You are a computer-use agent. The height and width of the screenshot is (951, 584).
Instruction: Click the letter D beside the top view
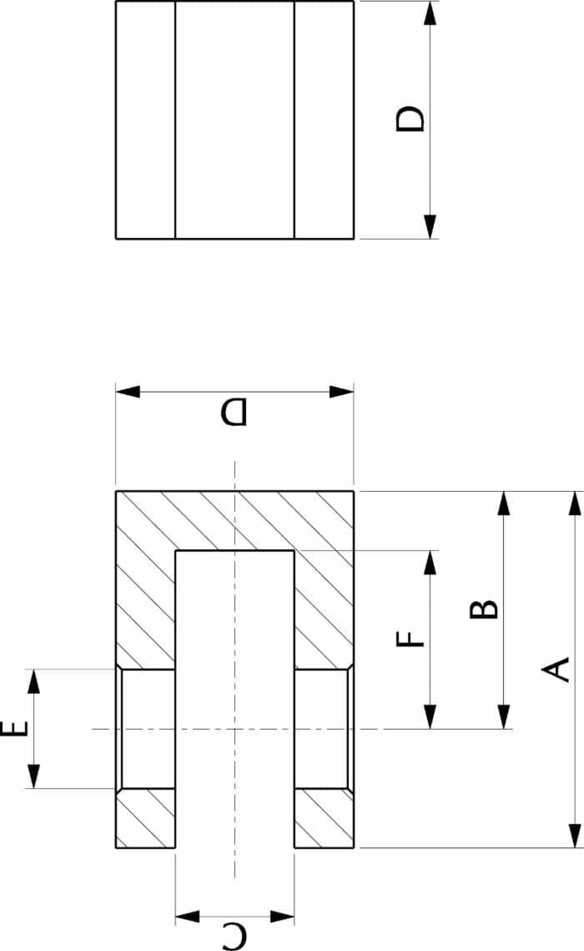coord(410,119)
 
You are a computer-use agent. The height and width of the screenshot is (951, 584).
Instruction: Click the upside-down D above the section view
coord(234,412)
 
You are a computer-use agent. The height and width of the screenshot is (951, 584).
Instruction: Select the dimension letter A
coord(556,670)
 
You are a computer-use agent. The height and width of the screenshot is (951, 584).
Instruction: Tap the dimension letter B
coord(484,609)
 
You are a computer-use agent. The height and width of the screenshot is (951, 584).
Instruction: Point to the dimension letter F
coord(410,640)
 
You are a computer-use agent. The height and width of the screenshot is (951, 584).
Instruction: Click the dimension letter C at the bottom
coord(234,936)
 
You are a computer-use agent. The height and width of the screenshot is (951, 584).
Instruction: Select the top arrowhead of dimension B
coord(503,503)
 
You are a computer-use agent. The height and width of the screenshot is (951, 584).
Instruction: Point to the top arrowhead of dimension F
coord(430,563)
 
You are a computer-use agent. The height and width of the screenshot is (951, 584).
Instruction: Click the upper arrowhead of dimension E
coord(34,681)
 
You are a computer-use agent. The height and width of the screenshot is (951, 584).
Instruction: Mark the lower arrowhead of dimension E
coord(34,777)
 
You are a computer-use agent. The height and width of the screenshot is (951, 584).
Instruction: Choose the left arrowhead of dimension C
coord(187,916)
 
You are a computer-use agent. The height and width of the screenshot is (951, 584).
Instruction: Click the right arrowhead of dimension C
coord(282,916)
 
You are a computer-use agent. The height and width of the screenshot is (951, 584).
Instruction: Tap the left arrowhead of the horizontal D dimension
coord(128,392)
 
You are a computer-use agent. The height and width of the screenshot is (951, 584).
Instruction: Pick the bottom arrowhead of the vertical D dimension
coord(430,227)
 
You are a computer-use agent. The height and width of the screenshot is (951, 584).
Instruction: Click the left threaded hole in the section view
coord(146,728)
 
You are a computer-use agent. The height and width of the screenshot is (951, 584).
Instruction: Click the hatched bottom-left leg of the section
coord(146,818)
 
